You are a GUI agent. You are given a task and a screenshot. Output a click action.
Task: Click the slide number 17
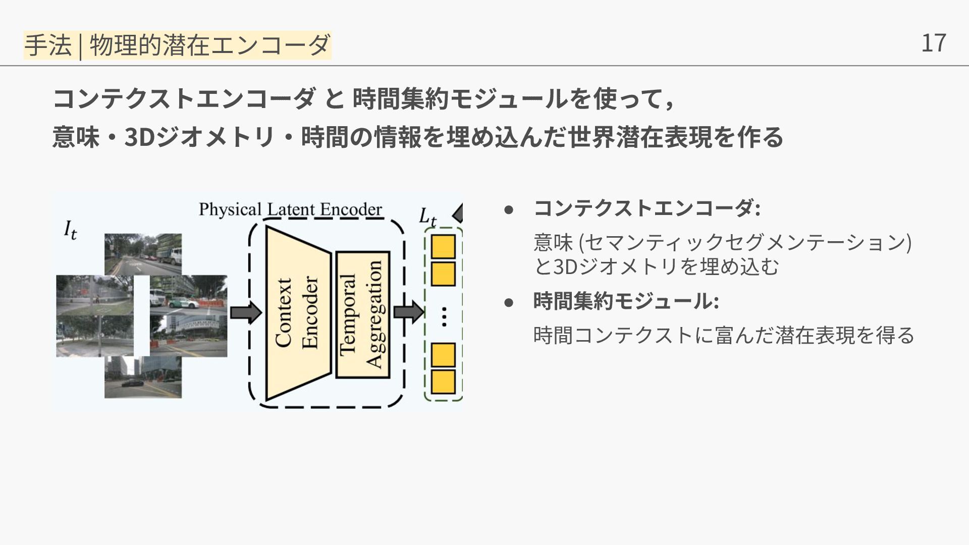(x=933, y=43)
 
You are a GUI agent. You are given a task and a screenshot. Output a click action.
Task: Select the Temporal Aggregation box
(x=362, y=314)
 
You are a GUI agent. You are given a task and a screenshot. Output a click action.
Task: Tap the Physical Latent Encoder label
(x=290, y=209)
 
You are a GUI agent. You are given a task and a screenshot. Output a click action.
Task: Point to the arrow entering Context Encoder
(x=245, y=313)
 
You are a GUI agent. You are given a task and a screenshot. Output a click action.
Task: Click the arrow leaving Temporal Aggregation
(x=408, y=311)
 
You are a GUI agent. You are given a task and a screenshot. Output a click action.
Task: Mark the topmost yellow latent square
(x=443, y=247)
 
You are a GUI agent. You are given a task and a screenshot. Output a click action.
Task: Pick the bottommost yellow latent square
(x=443, y=382)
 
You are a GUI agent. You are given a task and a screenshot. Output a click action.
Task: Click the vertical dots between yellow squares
(x=444, y=316)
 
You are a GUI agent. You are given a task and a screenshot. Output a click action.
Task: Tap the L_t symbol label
(x=427, y=217)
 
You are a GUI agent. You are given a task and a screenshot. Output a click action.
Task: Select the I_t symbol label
(x=70, y=230)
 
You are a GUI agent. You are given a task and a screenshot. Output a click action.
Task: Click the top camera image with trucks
(x=143, y=254)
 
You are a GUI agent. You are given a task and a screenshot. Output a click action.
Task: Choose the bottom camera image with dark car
(x=143, y=377)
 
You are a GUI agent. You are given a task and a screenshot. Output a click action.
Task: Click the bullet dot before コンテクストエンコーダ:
(x=509, y=209)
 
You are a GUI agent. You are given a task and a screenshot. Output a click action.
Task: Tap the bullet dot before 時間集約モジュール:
(x=509, y=302)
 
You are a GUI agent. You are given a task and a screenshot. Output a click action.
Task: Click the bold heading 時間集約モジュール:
(x=626, y=301)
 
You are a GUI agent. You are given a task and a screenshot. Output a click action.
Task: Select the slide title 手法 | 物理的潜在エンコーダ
(x=177, y=45)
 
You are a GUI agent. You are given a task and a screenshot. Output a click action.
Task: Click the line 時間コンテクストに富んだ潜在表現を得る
(x=724, y=335)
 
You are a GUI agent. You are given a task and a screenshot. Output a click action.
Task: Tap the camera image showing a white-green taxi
(x=188, y=296)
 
